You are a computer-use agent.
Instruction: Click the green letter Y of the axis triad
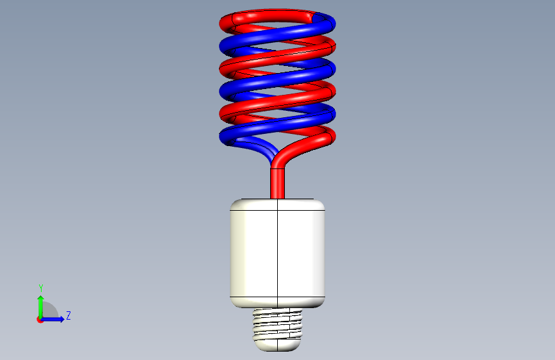(41, 288)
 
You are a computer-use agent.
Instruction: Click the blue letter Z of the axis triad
(68, 315)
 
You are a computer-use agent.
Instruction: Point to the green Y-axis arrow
(41, 307)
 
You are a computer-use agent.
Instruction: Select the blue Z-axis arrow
(52, 319)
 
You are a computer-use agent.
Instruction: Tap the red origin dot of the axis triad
(40, 320)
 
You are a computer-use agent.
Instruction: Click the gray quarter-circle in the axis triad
(49, 310)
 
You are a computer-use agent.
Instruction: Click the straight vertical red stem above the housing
(278, 183)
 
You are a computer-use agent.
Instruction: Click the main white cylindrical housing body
(278, 254)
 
